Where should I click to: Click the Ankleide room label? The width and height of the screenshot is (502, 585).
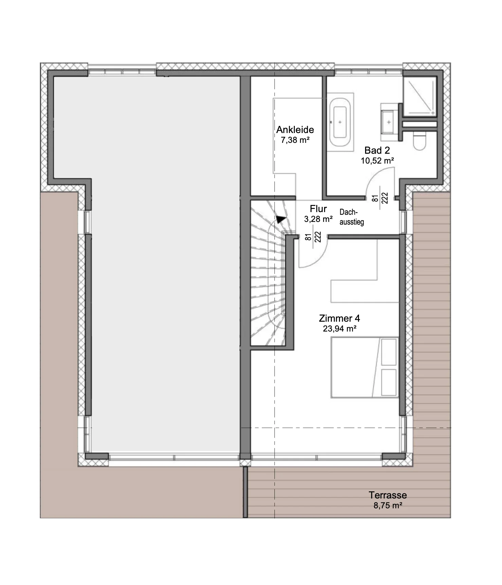tap(295, 130)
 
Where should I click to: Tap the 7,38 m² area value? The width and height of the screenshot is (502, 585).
tap(295, 140)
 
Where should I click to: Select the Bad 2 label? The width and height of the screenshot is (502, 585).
tap(377, 150)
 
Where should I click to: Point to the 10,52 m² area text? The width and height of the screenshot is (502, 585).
tap(377, 161)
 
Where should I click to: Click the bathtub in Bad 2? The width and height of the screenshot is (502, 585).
tap(340, 122)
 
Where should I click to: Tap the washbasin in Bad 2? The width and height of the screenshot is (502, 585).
tap(389, 122)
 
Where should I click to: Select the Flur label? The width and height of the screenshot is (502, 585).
tap(318, 209)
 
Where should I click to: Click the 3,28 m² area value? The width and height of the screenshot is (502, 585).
tap(318, 219)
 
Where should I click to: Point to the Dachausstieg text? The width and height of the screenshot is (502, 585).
tap(352, 217)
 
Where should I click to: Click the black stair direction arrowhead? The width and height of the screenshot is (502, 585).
tap(281, 219)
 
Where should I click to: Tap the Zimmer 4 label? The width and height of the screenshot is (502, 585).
tap(339, 318)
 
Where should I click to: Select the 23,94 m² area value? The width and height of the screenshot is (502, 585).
tap(339, 328)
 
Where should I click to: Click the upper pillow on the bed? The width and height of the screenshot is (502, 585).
tap(389, 352)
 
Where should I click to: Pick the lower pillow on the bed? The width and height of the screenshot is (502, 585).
tap(389, 382)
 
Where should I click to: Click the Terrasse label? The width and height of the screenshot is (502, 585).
tap(388, 495)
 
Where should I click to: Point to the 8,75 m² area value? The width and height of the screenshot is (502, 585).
tap(388, 506)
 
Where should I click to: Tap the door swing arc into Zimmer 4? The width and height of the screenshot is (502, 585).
tap(320, 259)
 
